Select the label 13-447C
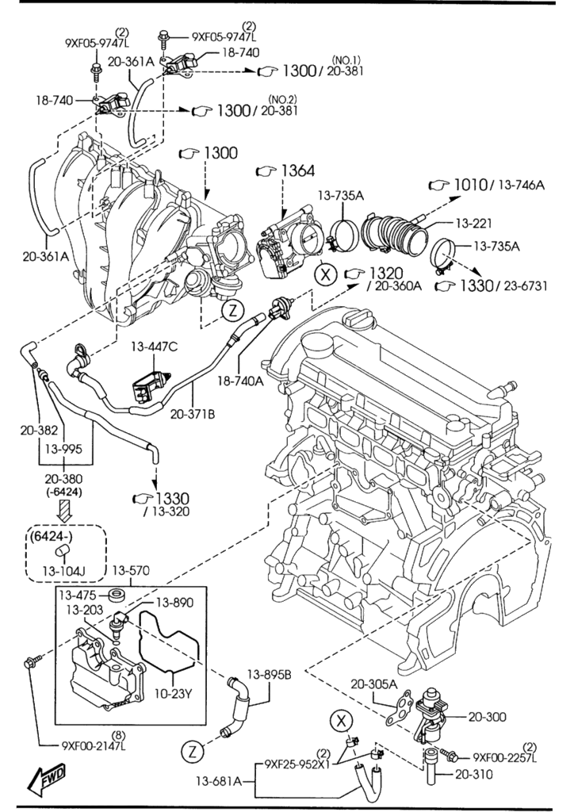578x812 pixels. click(x=155, y=346)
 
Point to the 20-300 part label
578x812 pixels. click(x=487, y=717)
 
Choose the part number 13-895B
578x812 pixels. click(x=270, y=675)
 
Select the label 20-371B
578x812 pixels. click(x=190, y=413)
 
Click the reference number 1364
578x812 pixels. click(x=297, y=170)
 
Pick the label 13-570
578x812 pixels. click(x=130, y=571)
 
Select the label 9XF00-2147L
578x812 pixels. click(x=94, y=745)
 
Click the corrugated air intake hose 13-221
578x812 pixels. click(x=396, y=234)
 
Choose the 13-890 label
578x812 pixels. click(x=174, y=602)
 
